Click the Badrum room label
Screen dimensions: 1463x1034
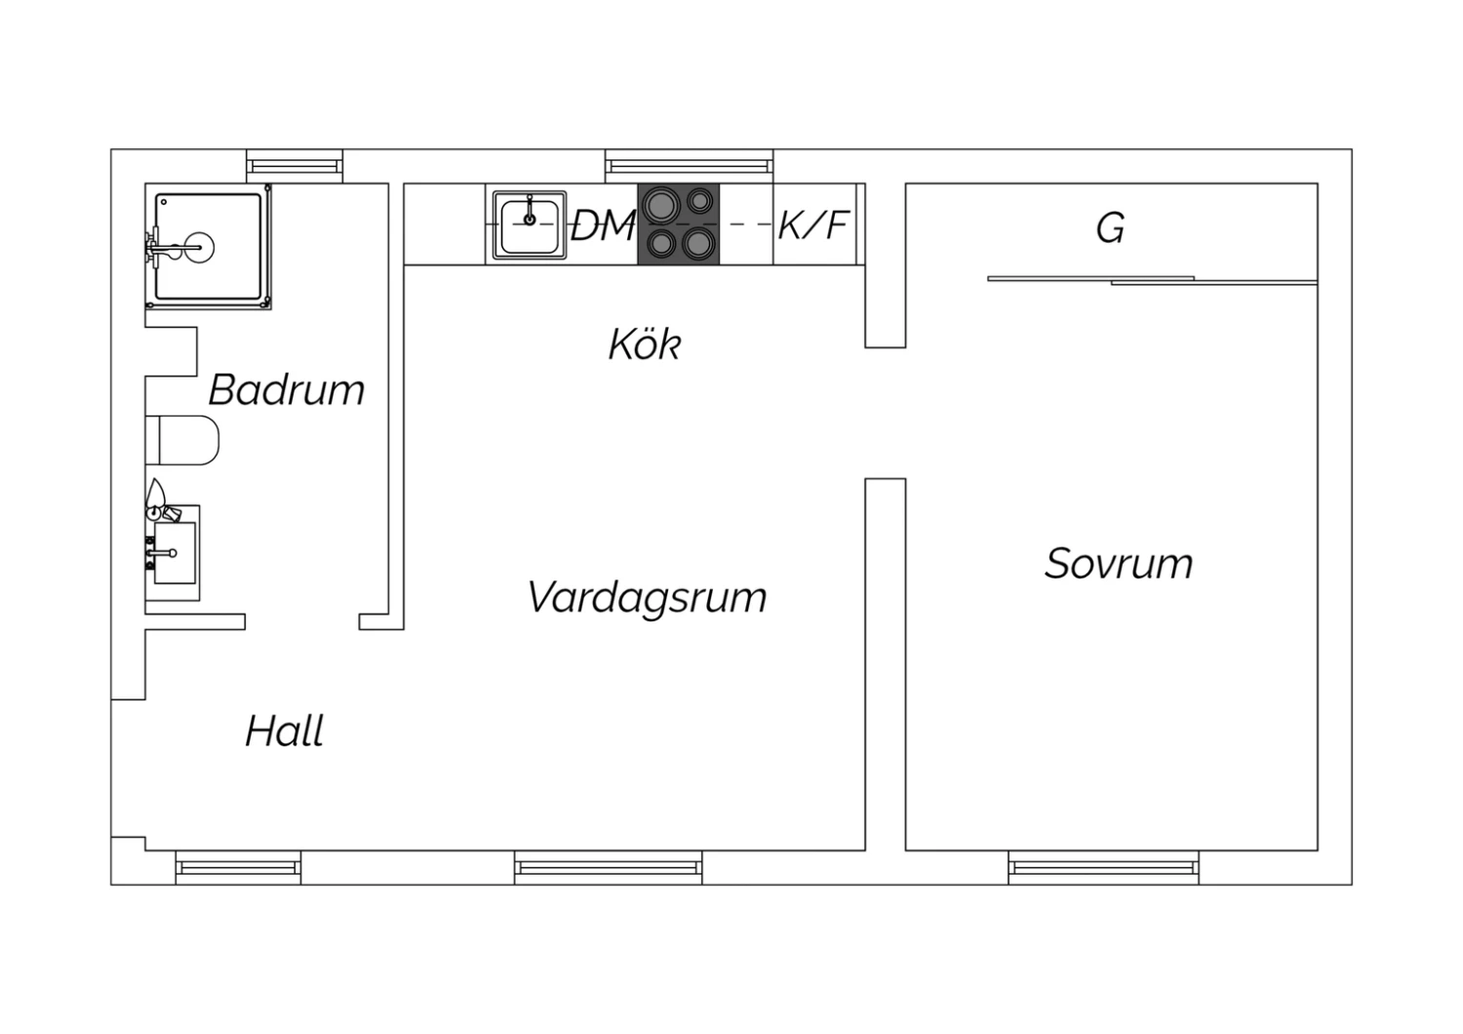(286, 390)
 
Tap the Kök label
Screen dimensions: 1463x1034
(645, 343)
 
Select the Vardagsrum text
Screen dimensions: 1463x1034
(647, 598)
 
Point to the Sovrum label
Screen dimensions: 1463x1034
(1118, 563)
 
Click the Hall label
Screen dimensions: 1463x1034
(284, 731)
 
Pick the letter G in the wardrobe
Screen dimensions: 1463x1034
(1110, 228)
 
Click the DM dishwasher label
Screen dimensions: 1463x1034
(602, 225)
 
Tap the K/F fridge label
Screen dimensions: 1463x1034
(813, 224)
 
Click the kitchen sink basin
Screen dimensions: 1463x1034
(530, 225)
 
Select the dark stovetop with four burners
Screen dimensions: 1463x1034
(679, 224)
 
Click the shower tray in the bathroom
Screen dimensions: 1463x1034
(208, 247)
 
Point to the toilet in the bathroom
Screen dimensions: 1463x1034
(182, 440)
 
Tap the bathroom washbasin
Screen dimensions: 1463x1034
(175, 552)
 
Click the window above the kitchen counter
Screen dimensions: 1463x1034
(689, 166)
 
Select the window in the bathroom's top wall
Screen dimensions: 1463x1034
(295, 166)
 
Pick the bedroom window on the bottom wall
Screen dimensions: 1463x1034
(1104, 867)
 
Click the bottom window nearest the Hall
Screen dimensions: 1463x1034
(238, 867)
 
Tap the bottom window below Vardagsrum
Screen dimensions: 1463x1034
(608, 867)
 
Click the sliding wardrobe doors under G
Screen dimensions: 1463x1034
(1153, 281)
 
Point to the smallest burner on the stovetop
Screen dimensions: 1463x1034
(700, 201)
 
